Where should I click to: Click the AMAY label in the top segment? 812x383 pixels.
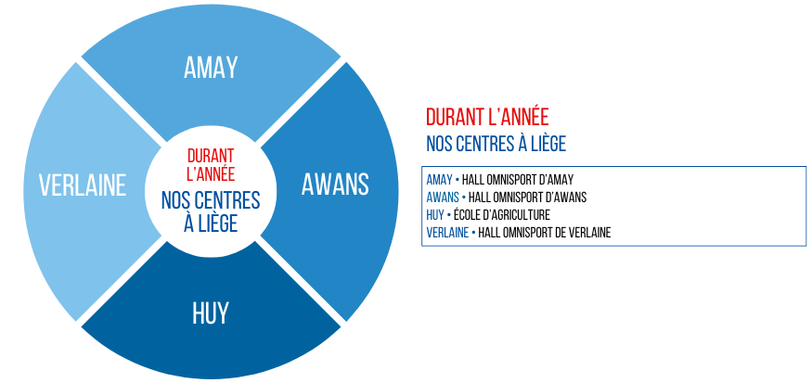click(x=211, y=68)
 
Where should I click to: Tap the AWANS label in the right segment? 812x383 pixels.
click(x=335, y=185)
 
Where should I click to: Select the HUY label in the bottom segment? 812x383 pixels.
click(x=211, y=313)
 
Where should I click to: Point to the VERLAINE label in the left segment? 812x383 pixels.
click(x=83, y=185)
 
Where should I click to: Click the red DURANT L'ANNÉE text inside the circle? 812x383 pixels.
click(x=211, y=164)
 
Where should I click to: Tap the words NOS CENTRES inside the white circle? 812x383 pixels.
click(x=211, y=200)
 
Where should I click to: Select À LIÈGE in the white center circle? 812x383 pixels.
click(x=211, y=223)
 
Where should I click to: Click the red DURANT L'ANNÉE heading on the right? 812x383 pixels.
click(x=487, y=118)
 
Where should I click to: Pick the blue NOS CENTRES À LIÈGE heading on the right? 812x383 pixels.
click(x=496, y=144)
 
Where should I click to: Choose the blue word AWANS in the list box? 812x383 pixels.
click(x=443, y=198)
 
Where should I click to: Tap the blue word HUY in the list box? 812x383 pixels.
click(x=435, y=215)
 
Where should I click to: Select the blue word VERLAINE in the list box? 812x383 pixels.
click(x=447, y=233)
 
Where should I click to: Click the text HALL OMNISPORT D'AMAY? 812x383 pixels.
click(x=518, y=180)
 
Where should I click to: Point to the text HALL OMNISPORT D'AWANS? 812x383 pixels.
click(x=528, y=198)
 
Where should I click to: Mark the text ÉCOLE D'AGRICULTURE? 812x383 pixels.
click(x=502, y=215)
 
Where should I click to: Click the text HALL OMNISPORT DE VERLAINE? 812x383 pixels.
click(x=545, y=233)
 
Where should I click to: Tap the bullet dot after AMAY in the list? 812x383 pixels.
click(x=458, y=180)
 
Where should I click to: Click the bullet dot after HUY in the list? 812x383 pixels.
click(x=449, y=215)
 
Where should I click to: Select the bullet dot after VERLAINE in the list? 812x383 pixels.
click(x=473, y=233)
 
